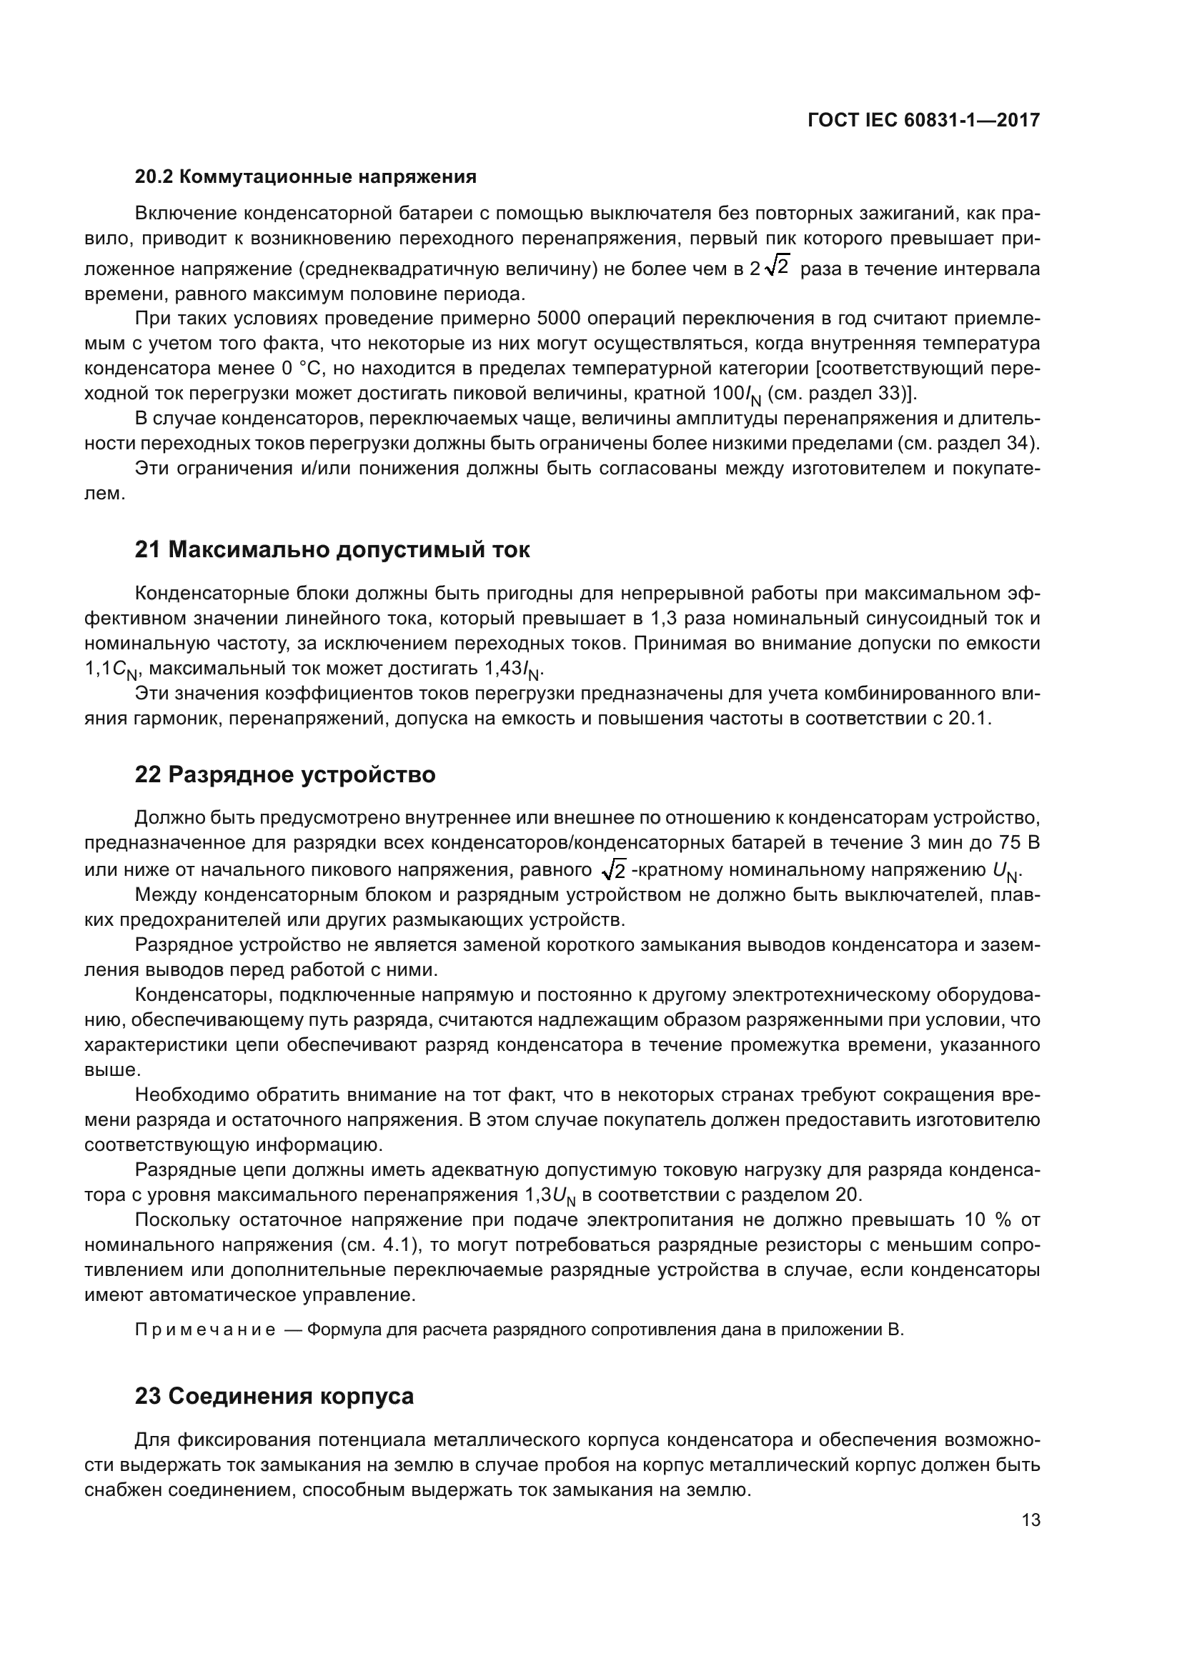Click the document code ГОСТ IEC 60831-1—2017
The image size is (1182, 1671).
click(x=923, y=120)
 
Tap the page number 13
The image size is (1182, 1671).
click(x=1030, y=1520)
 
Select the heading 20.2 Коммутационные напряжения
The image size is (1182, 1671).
click(x=306, y=177)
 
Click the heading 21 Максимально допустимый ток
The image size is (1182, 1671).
click(x=332, y=550)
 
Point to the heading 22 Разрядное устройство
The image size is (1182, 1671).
click(x=284, y=775)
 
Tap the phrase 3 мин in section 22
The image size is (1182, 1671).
click(x=939, y=843)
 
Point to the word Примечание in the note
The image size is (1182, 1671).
click(x=205, y=1330)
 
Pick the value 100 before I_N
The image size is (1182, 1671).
click(x=727, y=394)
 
